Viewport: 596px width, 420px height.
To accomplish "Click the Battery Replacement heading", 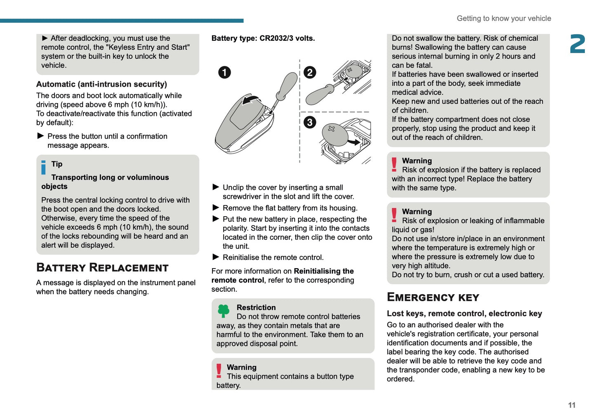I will click(102, 268).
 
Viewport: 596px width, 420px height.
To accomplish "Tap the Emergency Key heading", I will click(433, 297).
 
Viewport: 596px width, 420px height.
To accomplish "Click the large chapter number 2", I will click(577, 44).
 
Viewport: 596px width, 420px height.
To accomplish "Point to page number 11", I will click(571, 405).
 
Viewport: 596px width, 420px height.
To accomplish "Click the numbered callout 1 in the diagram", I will click(224, 73).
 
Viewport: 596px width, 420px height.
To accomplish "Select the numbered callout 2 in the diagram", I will click(310, 73).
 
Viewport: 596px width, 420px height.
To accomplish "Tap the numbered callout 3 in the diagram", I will click(310, 123).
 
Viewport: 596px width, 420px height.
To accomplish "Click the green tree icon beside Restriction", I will click(224, 311).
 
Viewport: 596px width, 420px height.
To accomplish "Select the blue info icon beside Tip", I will click(44, 168).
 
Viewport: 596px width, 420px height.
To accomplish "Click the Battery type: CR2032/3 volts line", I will click(263, 38).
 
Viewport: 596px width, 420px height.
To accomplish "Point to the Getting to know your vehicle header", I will click(504, 19).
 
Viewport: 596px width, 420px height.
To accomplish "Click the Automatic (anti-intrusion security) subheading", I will click(101, 84).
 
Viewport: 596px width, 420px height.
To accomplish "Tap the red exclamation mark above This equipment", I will click(219, 371).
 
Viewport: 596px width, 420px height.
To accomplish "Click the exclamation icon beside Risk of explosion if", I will click(394, 164).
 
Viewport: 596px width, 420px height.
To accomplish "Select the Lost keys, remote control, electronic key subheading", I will click(464, 314).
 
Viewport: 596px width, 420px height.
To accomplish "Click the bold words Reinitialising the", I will click(324, 271).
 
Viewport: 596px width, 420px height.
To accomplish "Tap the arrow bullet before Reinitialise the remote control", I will click(216, 257).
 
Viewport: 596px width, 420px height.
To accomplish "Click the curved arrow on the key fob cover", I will click(251, 100).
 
